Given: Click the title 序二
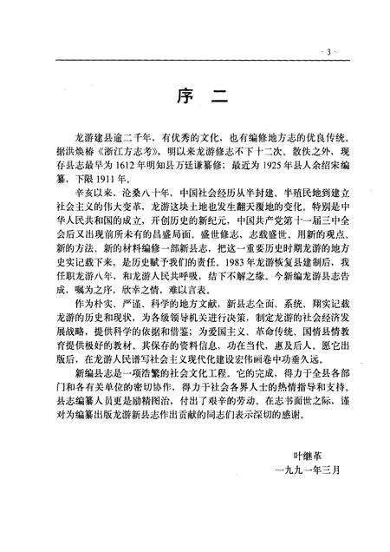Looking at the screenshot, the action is [195, 95].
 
